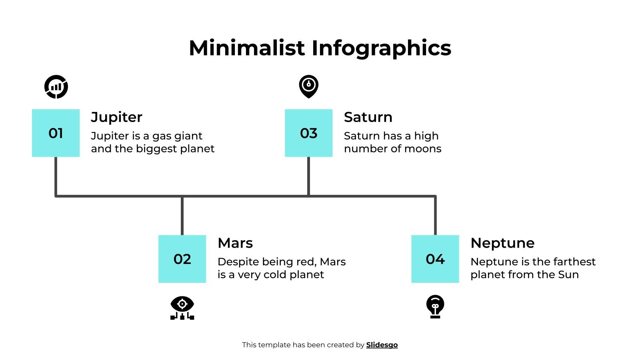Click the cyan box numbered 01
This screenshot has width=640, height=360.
[x=56, y=133]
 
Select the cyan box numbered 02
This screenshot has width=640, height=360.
[x=182, y=259]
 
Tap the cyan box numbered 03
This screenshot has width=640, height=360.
[x=308, y=133]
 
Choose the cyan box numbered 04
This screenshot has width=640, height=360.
[x=435, y=259]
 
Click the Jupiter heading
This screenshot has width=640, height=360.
[x=116, y=117]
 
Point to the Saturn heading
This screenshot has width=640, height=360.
[x=368, y=117]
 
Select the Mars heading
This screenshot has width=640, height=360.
[x=235, y=243]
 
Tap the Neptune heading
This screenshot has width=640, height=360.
[x=502, y=243]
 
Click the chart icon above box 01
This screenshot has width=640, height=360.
[x=56, y=86]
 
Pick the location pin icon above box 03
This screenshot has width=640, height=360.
[x=308, y=86]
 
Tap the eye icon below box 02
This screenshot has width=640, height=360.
[x=182, y=308]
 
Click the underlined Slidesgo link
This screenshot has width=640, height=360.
[x=382, y=345]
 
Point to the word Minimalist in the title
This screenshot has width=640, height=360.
[x=247, y=48]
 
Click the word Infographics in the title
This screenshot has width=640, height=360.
[x=381, y=49]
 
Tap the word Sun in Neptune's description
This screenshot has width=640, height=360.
[x=568, y=275]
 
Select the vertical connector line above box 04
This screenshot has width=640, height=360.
[x=435, y=215]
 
